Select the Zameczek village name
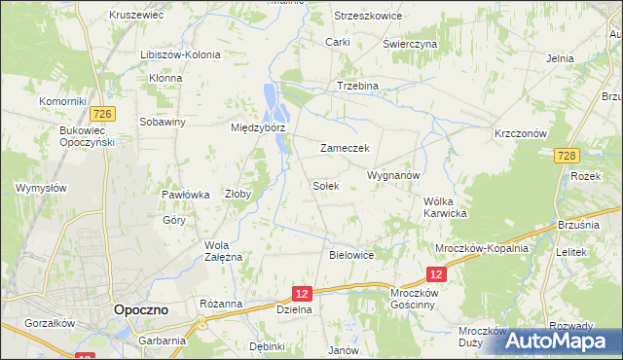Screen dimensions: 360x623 343,148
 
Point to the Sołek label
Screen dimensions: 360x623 325,185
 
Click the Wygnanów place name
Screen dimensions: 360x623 392,175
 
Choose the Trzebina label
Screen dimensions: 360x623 357,86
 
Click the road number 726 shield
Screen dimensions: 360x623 106,115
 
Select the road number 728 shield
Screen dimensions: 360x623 569,156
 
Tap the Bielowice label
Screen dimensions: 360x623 351,255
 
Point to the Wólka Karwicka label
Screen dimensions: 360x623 447,207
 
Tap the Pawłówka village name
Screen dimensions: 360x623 186,195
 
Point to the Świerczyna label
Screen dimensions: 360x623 409,44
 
